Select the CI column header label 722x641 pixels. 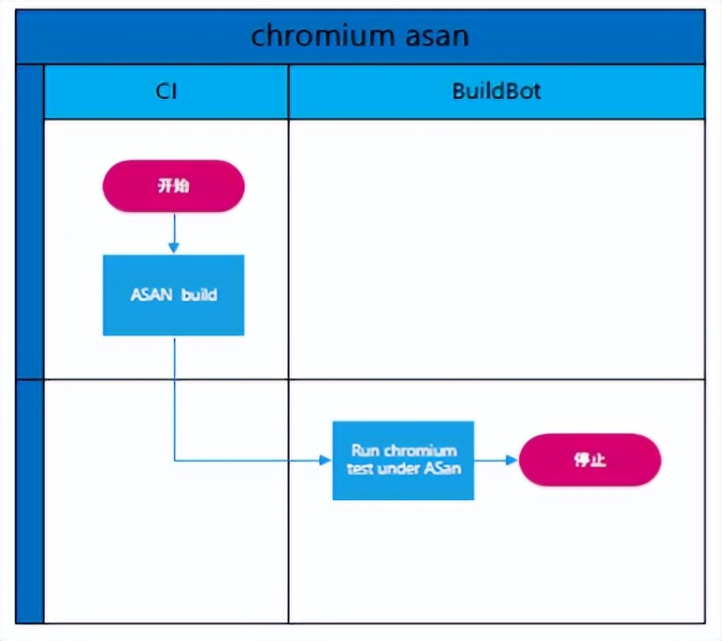coord(166,92)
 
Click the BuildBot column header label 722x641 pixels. coord(496,92)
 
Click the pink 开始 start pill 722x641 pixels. coord(173,186)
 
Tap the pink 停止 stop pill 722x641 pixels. coord(589,460)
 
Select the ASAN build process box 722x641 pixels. coord(173,294)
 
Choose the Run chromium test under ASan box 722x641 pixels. coord(403,460)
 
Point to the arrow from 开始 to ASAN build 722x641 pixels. coord(173,234)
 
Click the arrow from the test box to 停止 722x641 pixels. coord(496,460)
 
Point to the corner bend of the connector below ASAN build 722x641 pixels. coord(175,460)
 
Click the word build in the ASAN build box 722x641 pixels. coord(199,294)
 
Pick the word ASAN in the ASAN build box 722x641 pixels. coord(151,294)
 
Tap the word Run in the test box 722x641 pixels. coord(364,450)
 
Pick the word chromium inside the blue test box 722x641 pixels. coord(419,450)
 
